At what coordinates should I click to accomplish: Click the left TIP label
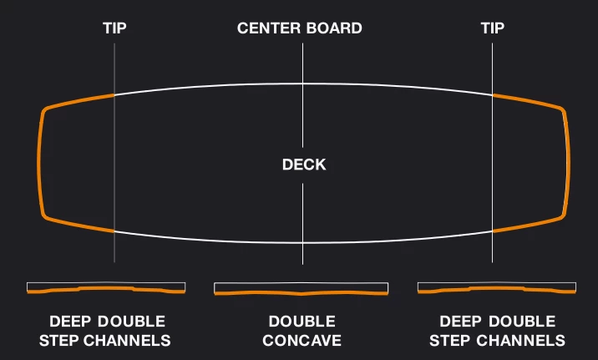[114, 28]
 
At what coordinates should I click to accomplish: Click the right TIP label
[493, 28]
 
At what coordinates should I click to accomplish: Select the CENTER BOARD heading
[299, 28]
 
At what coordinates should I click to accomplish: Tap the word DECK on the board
[303, 165]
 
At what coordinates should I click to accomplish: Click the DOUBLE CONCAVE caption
[302, 331]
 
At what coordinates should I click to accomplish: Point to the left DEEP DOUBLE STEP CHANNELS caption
[107, 331]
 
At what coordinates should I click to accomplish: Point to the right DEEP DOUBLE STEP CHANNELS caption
[497, 331]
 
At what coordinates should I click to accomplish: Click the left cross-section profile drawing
[106, 288]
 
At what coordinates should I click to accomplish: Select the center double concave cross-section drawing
[302, 290]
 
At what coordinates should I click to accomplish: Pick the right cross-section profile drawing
[497, 288]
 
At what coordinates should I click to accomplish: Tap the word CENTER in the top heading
[266, 28]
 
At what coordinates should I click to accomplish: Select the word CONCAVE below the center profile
[302, 341]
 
